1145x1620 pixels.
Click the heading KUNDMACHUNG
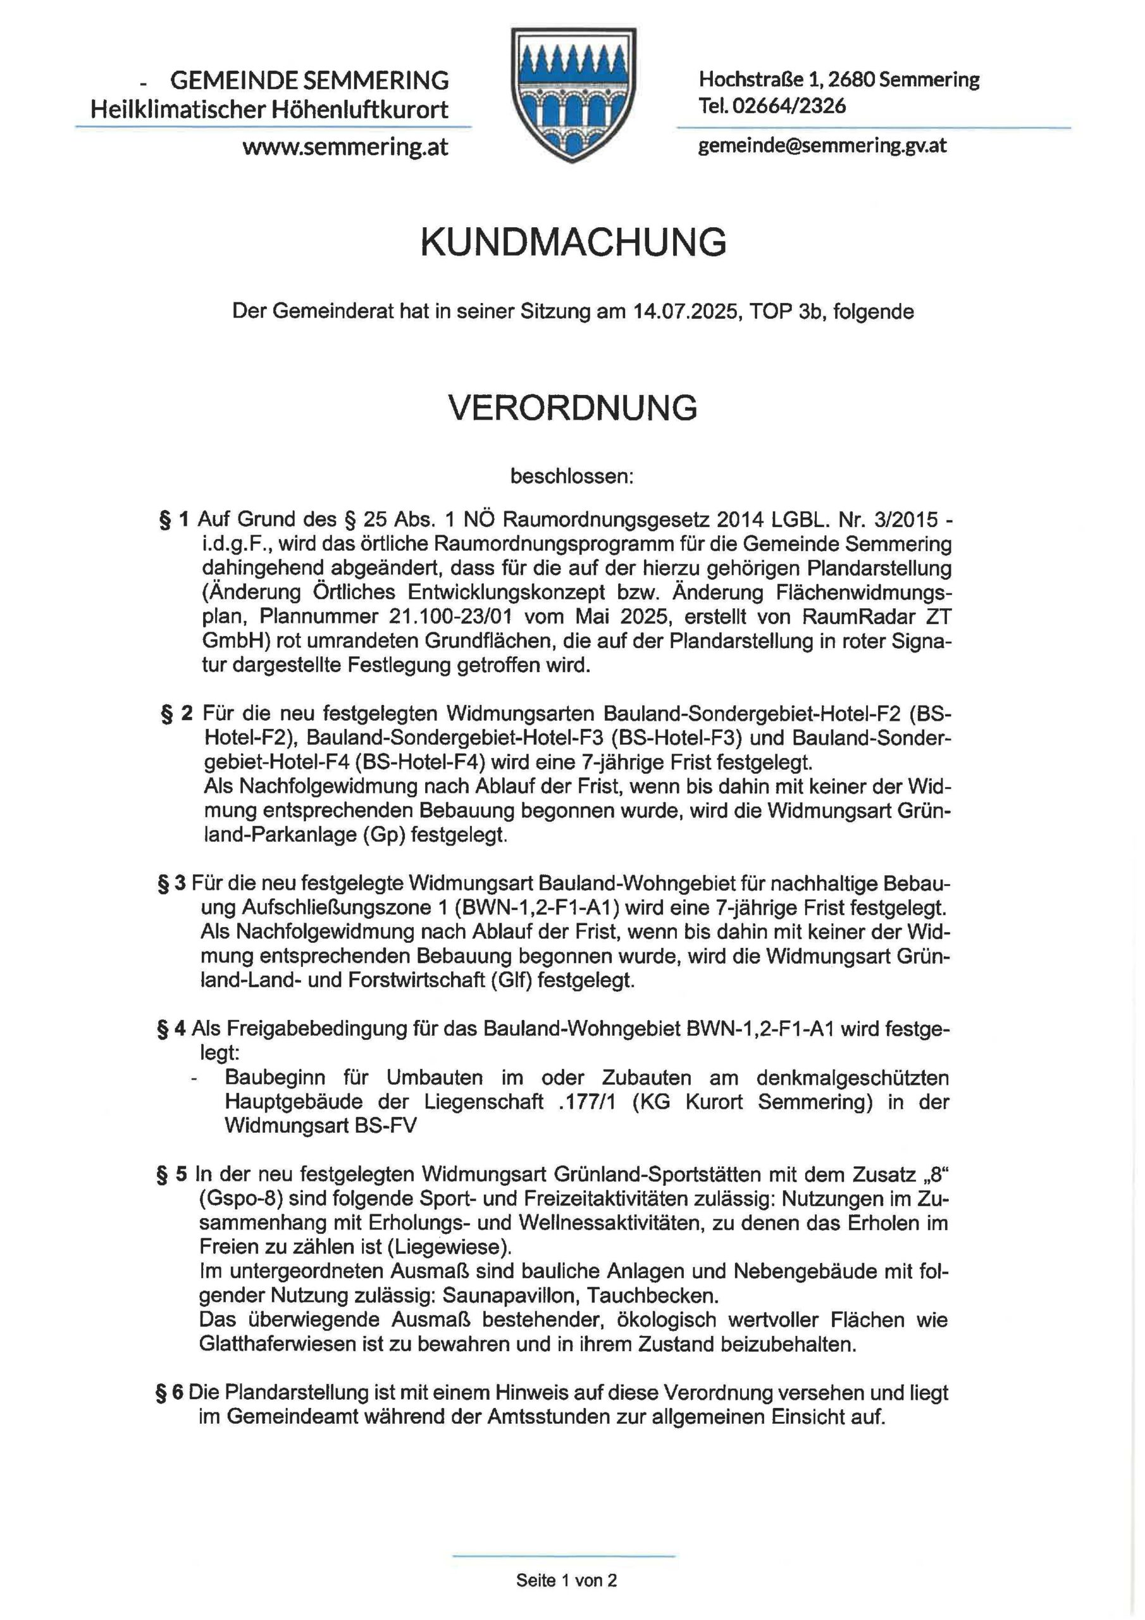(x=573, y=243)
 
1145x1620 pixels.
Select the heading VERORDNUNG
(x=573, y=407)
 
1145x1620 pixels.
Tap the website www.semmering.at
(x=345, y=147)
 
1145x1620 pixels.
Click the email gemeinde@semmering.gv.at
(x=822, y=146)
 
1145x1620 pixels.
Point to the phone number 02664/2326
(x=789, y=106)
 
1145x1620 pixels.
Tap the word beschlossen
(x=572, y=477)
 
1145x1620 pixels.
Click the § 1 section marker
(x=174, y=520)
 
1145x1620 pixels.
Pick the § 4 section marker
(x=172, y=1029)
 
